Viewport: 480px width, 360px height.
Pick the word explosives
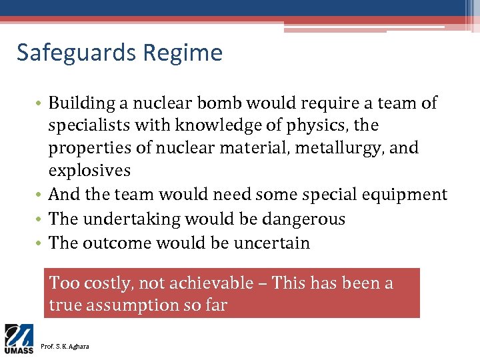pos(89,171)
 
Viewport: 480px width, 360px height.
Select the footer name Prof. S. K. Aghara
pos(65,346)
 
